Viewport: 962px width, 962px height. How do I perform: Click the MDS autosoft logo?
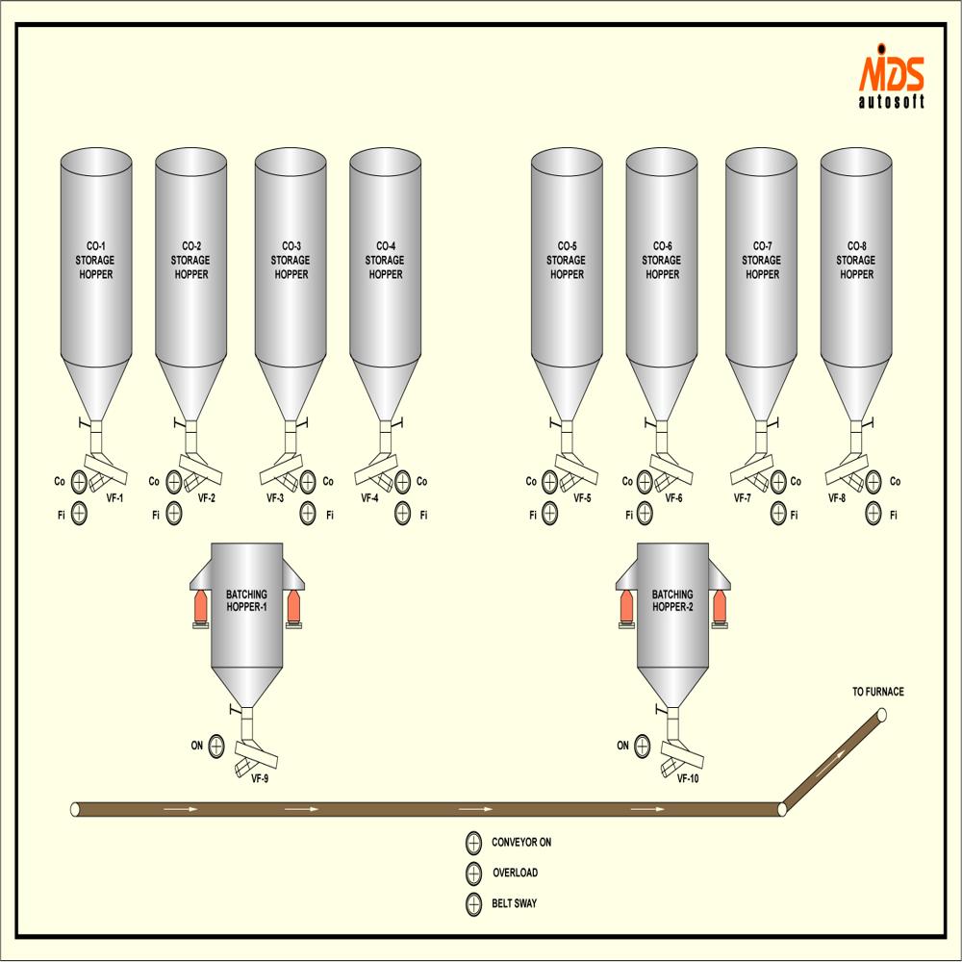coord(891,81)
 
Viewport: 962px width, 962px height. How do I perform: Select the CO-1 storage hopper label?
coord(96,260)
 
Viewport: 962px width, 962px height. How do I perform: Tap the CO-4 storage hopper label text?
coord(386,260)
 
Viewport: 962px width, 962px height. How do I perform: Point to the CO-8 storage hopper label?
coord(856,260)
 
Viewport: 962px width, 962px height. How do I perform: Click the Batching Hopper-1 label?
coord(247,601)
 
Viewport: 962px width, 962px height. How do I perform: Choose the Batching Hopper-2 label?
coord(672,601)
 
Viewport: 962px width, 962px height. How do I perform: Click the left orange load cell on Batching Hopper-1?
coord(200,606)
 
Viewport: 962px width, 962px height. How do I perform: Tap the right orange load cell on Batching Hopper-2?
coord(720,606)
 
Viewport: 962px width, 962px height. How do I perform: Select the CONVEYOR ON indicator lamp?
coord(473,843)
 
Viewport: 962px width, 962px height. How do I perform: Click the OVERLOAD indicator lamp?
coord(473,873)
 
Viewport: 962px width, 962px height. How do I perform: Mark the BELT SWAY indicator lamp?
coord(473,904)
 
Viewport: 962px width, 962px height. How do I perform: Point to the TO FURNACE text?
coord(878,692)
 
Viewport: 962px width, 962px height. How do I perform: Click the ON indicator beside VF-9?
coord(215,746)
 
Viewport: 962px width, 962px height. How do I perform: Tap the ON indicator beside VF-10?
coord(642,746)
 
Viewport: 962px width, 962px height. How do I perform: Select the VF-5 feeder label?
coord(582,498)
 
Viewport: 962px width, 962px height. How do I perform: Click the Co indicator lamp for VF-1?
coord(79,481)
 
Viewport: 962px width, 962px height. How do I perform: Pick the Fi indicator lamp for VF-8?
coord(873,515)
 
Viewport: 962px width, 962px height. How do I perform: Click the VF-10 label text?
coord(687,778)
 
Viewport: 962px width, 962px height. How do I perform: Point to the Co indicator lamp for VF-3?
coord(308,481)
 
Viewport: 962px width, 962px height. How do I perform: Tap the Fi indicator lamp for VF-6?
coord(646,515)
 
